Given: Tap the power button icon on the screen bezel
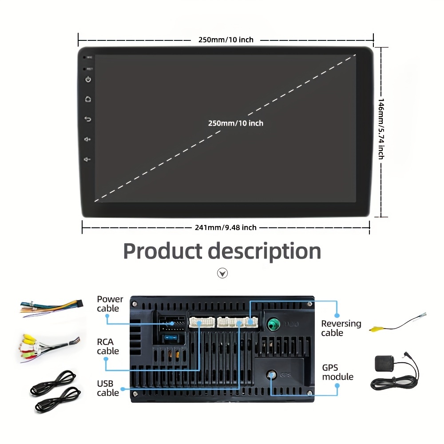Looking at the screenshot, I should coord(88,79).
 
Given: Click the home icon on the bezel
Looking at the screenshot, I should coord(88,99).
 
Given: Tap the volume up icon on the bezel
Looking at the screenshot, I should coord(88,139).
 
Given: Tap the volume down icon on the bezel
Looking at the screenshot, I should coord(88,159).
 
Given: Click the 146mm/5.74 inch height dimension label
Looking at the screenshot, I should coord(381,129).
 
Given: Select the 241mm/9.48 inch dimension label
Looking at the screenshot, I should coord(226,228).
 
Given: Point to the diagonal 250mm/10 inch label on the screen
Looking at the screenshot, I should coord(236,123).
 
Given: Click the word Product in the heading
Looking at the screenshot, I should coord(162,251).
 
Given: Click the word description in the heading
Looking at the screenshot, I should coord(265,252).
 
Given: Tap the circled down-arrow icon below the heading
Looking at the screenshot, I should coord(222,273).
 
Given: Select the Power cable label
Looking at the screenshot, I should coord(110,304).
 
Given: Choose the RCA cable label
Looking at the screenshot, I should coord(108,346).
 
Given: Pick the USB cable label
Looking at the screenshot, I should coord(108,388).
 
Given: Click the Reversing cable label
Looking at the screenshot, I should coord(341,328).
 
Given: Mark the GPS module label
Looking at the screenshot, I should coord(338,372).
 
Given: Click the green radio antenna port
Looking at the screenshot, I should coord(272,324).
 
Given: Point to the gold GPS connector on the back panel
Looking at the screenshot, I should coord(272,375).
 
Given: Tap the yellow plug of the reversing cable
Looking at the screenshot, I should coord(376,329).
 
